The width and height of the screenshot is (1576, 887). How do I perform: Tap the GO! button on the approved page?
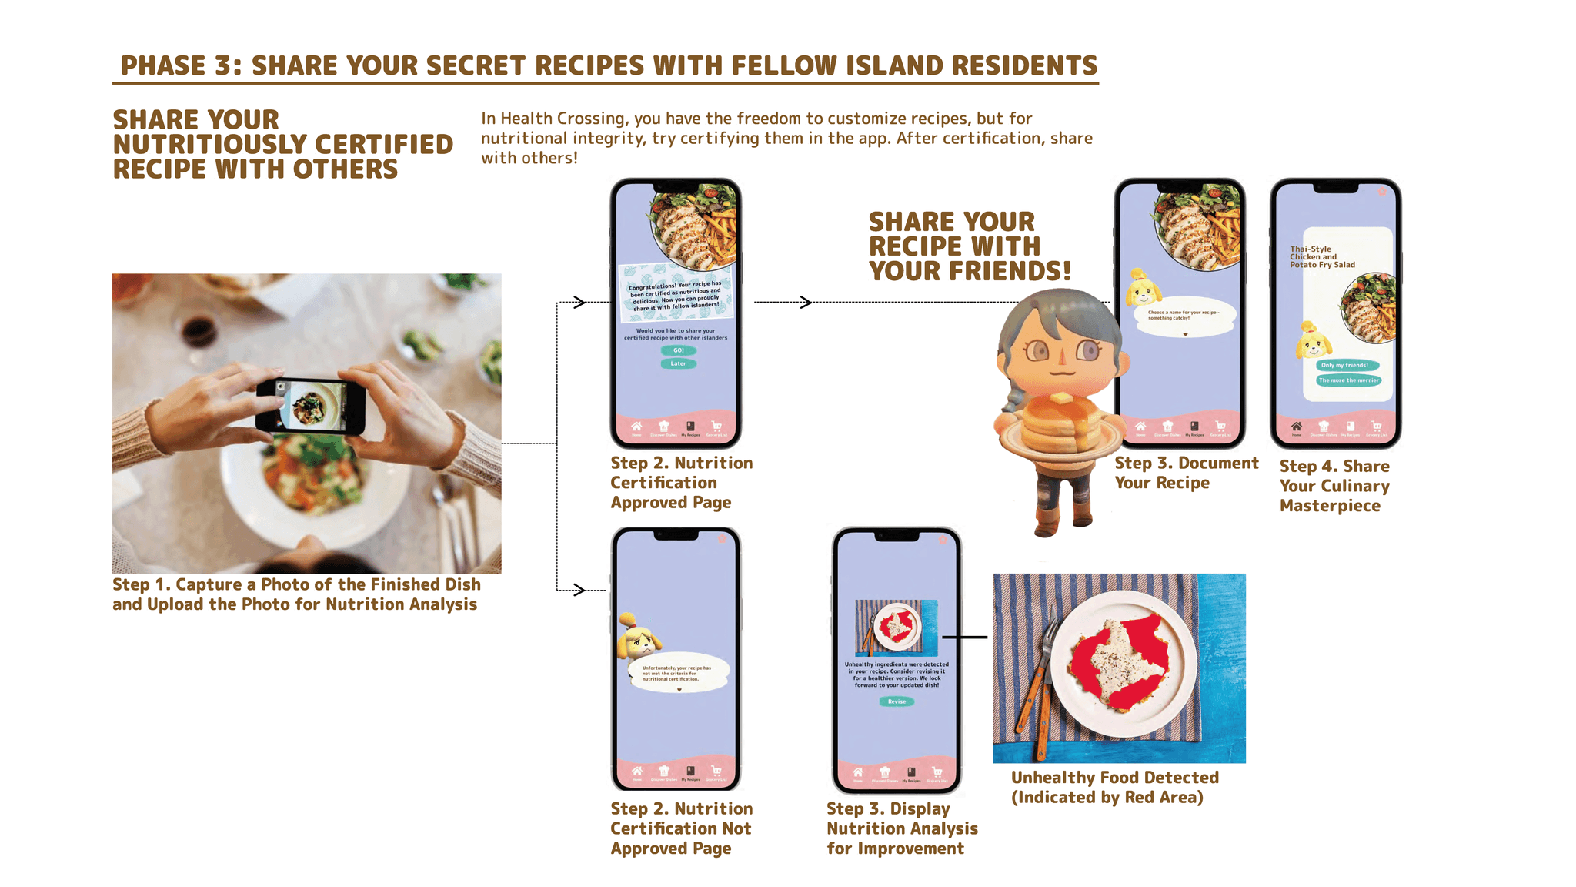678,350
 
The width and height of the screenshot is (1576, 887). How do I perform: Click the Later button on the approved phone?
678,363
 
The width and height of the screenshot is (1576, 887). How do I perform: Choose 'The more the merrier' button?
1348,380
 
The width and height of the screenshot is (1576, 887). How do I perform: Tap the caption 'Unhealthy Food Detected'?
1114,778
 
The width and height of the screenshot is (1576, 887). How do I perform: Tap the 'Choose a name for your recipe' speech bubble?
1184,316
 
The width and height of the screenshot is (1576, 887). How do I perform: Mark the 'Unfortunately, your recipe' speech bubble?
677,674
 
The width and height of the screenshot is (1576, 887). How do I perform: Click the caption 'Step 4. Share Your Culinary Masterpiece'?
1334,486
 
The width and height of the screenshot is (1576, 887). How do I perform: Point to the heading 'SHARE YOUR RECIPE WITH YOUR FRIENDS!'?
969,246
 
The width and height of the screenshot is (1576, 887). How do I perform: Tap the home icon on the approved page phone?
636,427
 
